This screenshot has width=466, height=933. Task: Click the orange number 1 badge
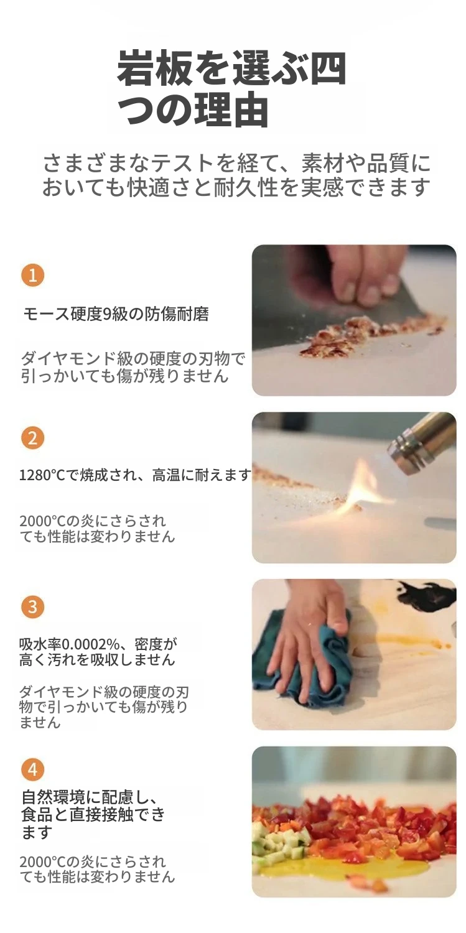click(x=32, y=275)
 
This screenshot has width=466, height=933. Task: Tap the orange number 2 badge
click(x=32, y=438)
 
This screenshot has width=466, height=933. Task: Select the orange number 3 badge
click(x=32, y=607)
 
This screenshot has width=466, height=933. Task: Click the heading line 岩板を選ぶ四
click(x=231, y=67)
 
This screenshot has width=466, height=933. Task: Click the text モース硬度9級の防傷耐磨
click(x=116, y=314)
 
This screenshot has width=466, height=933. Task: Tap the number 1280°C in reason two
click(x=42, y=475)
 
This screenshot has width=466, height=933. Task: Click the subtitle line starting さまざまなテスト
click(x=236, y=163)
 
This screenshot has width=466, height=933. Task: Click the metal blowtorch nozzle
click(x=421, y=446)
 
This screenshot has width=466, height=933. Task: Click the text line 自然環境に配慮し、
click(x=90, y=797)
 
